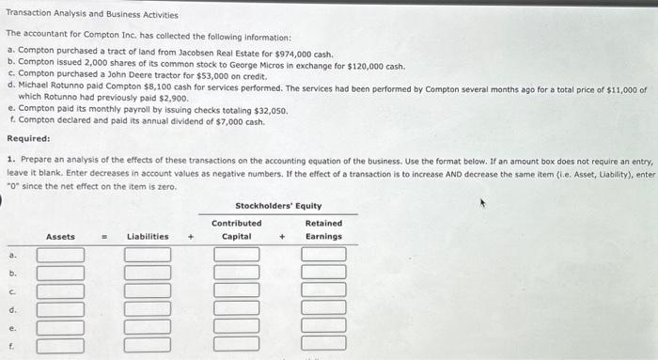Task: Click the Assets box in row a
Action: tap(60, 255)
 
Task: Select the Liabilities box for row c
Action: tap(149, 290)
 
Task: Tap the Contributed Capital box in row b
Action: tap(236, 273)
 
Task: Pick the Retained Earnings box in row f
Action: tap(323, 344)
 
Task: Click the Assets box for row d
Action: tap(60, 308)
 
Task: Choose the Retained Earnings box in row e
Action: tap(323, 326)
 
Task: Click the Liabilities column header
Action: tap(149, 237)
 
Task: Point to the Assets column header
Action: tap(60, 237)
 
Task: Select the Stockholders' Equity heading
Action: tap(278, 205)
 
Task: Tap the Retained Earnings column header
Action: tap(323, 229)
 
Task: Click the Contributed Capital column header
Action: tap(236, 229)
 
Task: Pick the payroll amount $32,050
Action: tap(269, 111)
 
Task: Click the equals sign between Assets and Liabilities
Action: tap(105, 237)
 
